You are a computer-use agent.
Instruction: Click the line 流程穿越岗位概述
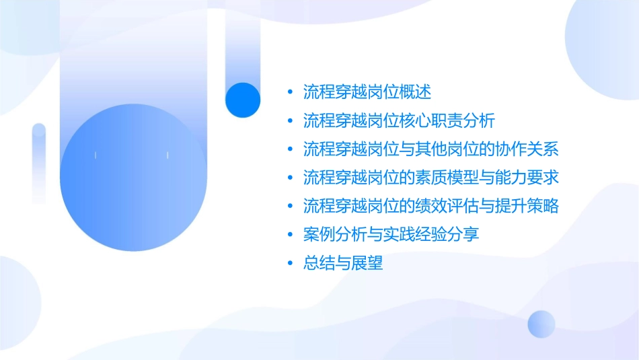coord(367,92)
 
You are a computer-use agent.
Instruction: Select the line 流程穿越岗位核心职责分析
coord(399,120)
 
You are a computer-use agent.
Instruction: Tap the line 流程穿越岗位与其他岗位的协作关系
coord(430,149)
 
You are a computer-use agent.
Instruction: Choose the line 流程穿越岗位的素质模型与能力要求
coord(430,178)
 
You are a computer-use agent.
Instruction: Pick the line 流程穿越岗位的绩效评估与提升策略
coord(430,206)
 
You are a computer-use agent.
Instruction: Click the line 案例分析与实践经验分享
coord(391,235)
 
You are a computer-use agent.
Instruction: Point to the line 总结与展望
coord(343,263)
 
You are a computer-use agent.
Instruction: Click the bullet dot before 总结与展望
coord(289,264)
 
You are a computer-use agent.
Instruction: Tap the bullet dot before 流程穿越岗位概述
coord(289,92)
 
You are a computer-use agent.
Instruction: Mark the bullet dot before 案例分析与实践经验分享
coord(289,236)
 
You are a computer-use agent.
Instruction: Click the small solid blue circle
coord(243,100)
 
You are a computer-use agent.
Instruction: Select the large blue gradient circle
coord(131,178)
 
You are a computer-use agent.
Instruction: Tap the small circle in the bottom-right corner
coord(541,324)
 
